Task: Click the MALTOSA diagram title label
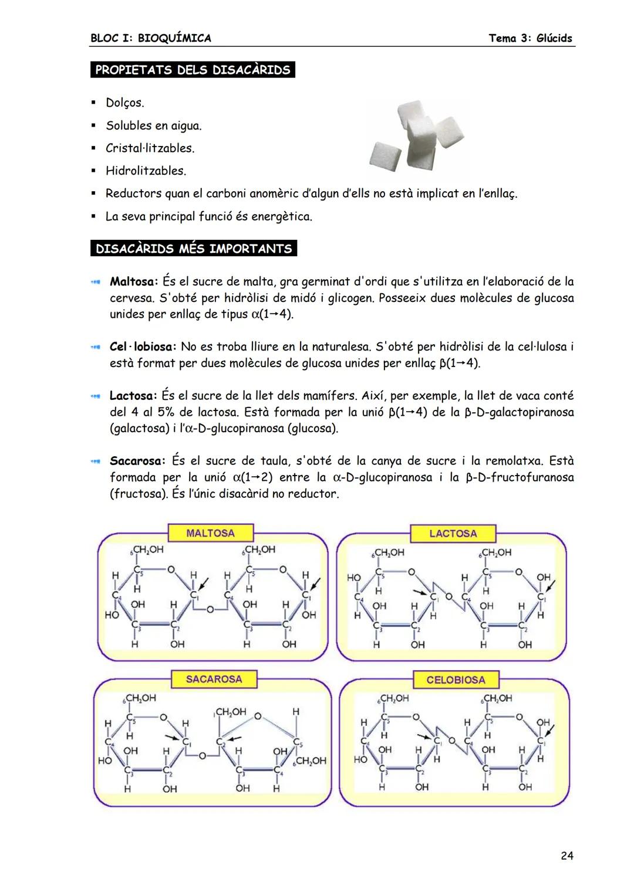coord(210,533)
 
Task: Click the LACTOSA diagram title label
coord(453,534)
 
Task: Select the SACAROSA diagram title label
coord(214,679)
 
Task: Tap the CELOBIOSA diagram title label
coord(456,680)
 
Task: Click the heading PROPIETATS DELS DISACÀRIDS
coord(193,70)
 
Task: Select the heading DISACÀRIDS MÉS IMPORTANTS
coord(193,249)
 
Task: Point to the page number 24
coord(566,856)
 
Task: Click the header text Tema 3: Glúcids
coord(530,38)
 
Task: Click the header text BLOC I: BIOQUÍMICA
coord(151,38)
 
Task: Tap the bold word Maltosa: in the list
coord(134,281)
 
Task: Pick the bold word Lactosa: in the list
coord(133,396)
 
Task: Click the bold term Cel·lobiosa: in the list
coord(143,347)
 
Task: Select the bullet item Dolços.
coord(124,103)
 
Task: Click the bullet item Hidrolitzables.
coord(146,171)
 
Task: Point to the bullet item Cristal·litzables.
coord(150,148)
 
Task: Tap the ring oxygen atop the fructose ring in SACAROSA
coord(257,715)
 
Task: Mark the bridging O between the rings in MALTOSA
coord(208,610)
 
